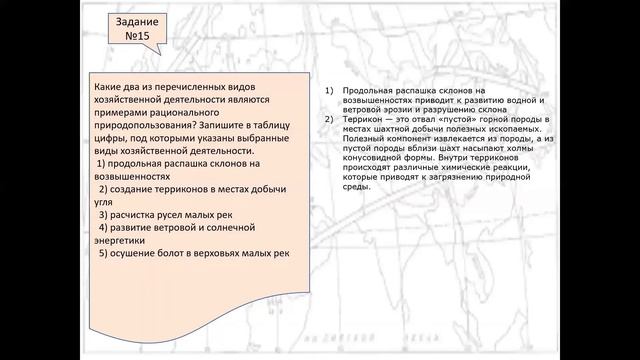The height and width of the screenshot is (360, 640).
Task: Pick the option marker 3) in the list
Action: (x=102, y=212)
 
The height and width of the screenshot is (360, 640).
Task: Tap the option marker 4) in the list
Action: (x=102, y=227)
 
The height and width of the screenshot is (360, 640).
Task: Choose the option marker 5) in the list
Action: (x=102, y=252)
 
